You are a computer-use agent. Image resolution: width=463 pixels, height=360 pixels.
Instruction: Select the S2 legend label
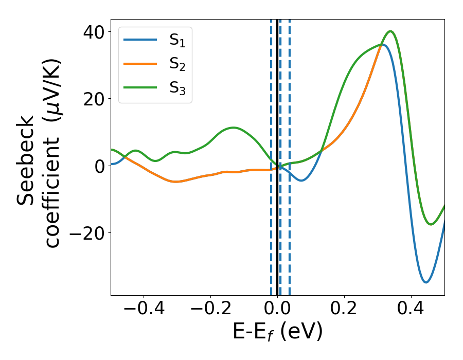(177, 65)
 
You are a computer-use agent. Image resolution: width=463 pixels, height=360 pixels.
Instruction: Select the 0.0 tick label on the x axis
(277, 310)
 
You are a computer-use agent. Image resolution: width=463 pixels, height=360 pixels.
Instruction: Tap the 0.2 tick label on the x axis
(344, 310)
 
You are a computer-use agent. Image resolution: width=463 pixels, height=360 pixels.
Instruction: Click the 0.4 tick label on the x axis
(411, 310)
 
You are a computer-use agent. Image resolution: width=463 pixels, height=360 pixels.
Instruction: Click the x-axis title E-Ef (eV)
(277, 332)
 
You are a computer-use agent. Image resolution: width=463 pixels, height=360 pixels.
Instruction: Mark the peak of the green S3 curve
(391, 31)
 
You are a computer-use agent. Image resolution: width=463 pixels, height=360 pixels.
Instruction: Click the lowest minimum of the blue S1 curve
(426, 282)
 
